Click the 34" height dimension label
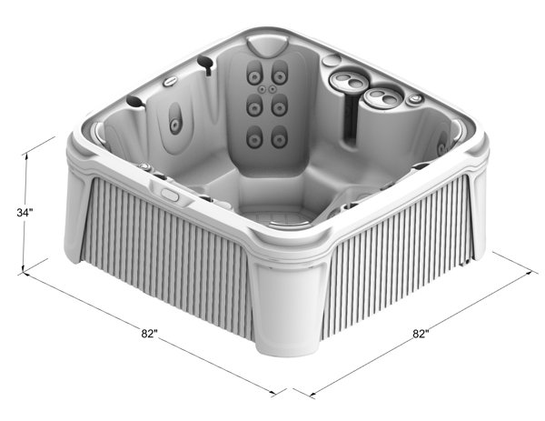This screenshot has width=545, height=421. point(25,212)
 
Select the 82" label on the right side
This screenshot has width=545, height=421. point(421,334)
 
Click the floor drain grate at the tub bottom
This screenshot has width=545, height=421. point(281,218)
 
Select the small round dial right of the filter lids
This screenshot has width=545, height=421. point(416,99)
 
